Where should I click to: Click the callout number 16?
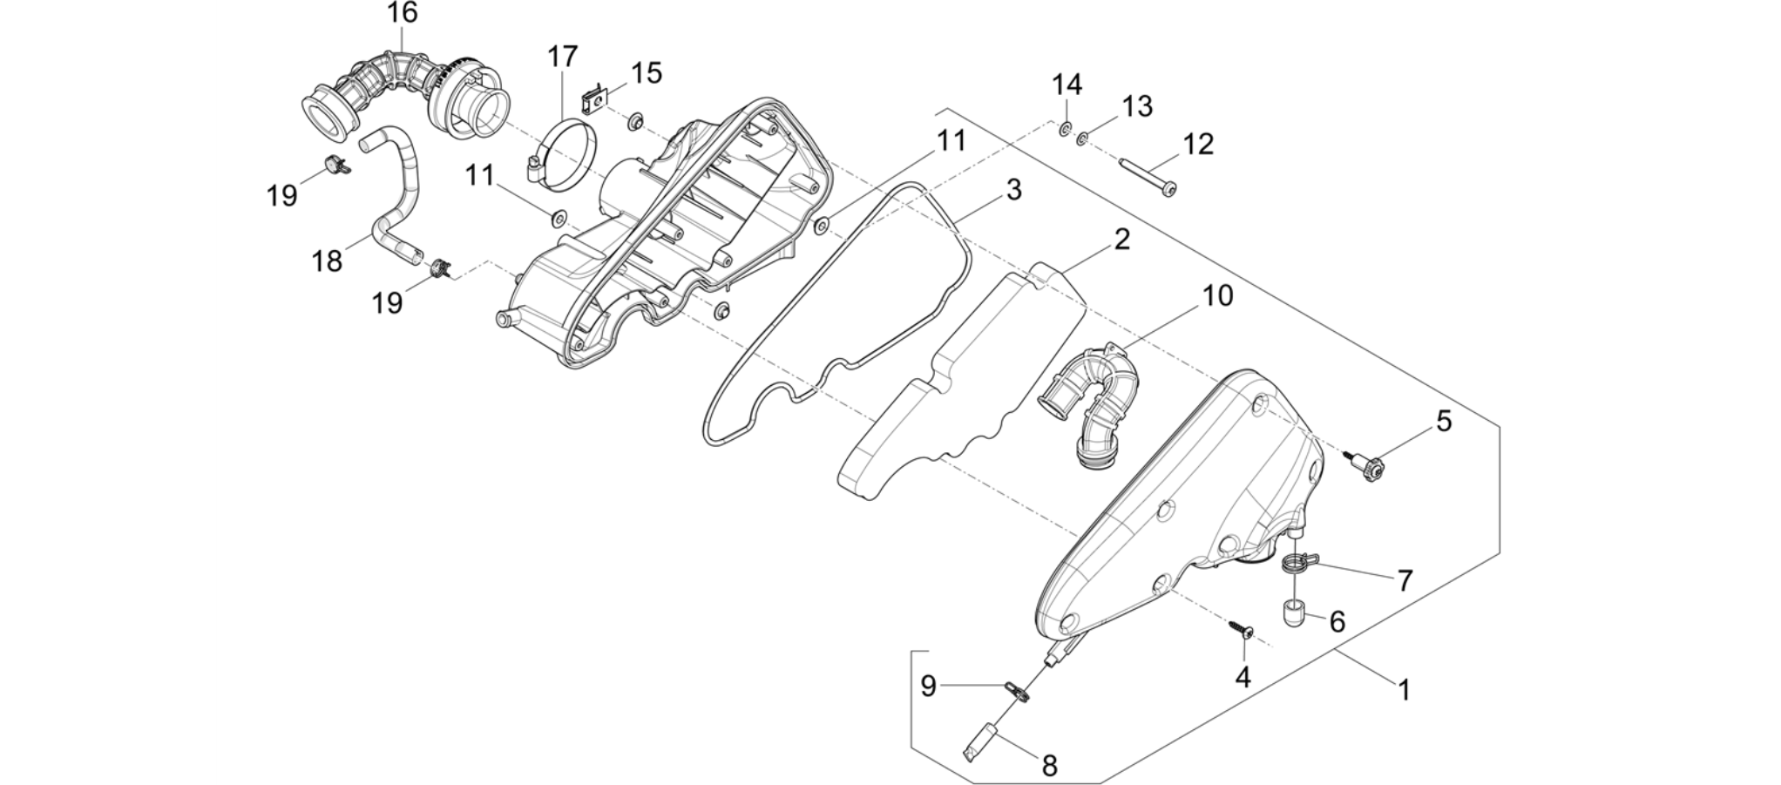(x=403, y=13)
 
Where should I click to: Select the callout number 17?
(x=563, y=57)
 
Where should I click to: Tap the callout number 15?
(x=646, y=72)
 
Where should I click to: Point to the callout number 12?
(x=1198, y=144)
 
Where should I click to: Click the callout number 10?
(x=1218, y=296)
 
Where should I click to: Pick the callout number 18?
(x=327, y=261)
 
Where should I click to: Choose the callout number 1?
(x=1404, y=690)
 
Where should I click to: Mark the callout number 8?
(x=1050, y=766)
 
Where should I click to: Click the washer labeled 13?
(x=1083, y=138)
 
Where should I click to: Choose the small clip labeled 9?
(x=1017, y=692)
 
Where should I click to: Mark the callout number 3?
(x=1013, y=190)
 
